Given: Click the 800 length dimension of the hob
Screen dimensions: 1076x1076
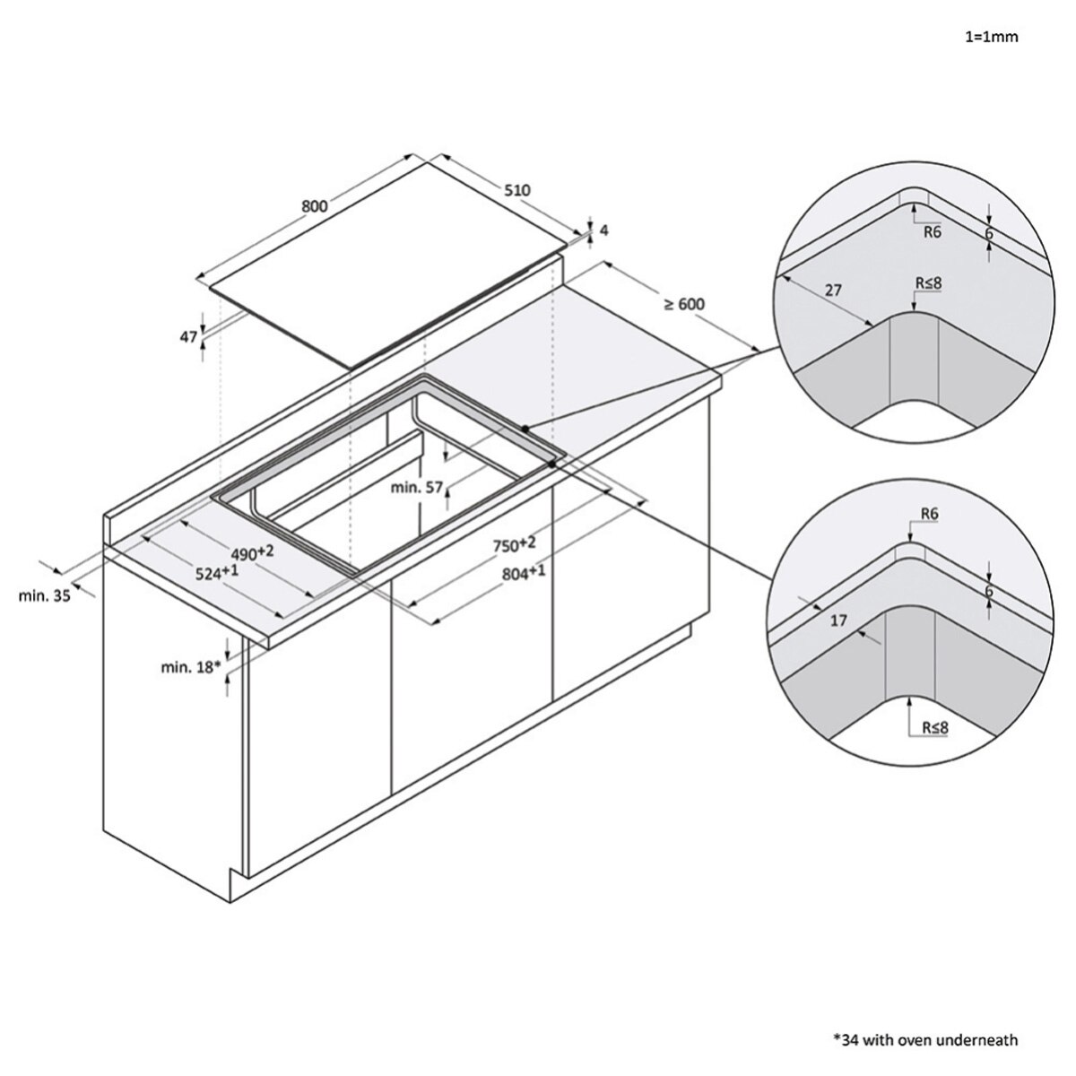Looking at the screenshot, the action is [x=315, y=206].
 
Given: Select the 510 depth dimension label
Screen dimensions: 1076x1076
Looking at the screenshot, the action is [x=517, y=190].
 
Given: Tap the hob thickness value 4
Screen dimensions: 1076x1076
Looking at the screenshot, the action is [x=603, y=230].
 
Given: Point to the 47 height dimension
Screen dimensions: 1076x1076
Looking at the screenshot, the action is [x=188, y=337].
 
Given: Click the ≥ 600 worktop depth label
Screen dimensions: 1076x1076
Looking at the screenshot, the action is [x=684, y=304].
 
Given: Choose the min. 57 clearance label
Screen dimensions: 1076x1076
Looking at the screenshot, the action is [x=417, y=488].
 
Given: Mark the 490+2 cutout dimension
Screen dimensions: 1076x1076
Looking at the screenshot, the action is [x=253, y=553].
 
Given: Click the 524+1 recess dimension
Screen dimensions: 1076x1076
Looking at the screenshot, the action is [x=217, y=572].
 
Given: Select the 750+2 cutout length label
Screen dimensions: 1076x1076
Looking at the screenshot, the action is [x=515, y=544].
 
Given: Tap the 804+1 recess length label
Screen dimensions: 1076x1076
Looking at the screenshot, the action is [x=523, y=572].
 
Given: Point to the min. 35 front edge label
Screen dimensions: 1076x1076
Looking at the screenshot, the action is [x=45, y=595].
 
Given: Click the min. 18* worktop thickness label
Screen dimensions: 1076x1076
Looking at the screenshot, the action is [x=191, y=667].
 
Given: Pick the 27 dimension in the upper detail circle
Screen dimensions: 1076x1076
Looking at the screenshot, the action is [x=833, y=291].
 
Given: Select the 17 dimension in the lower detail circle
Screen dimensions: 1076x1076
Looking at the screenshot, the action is [x=838, y=620].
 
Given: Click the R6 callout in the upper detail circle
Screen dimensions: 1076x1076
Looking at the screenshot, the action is [x=932, y=231].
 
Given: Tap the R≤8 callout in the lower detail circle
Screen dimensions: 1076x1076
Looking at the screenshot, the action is [x=934, y=727].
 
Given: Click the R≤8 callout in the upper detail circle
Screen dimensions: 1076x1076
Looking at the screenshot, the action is [x=929, y=283].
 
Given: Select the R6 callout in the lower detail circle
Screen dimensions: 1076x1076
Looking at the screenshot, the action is [x=930, y=514].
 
